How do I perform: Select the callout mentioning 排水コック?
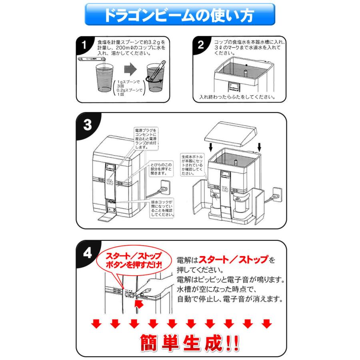pos(162,208)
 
